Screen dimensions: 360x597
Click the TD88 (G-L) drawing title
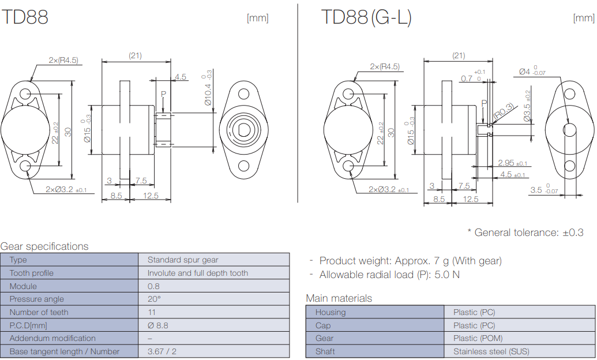pos(366,17)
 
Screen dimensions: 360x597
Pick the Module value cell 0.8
pos(153,286)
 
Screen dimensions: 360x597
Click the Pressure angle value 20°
pos(154,299)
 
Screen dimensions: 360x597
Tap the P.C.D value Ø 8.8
pos(157,325)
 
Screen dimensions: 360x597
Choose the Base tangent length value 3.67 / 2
pos(162,351)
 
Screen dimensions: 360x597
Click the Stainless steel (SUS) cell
pos(491,351)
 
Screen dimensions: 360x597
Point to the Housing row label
pos(330,312)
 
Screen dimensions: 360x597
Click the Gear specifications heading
pos(44,246)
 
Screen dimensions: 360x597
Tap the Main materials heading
pos(339,298)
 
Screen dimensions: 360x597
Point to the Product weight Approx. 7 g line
pos(410,261)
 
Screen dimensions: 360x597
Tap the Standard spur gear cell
pos(183,260)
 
